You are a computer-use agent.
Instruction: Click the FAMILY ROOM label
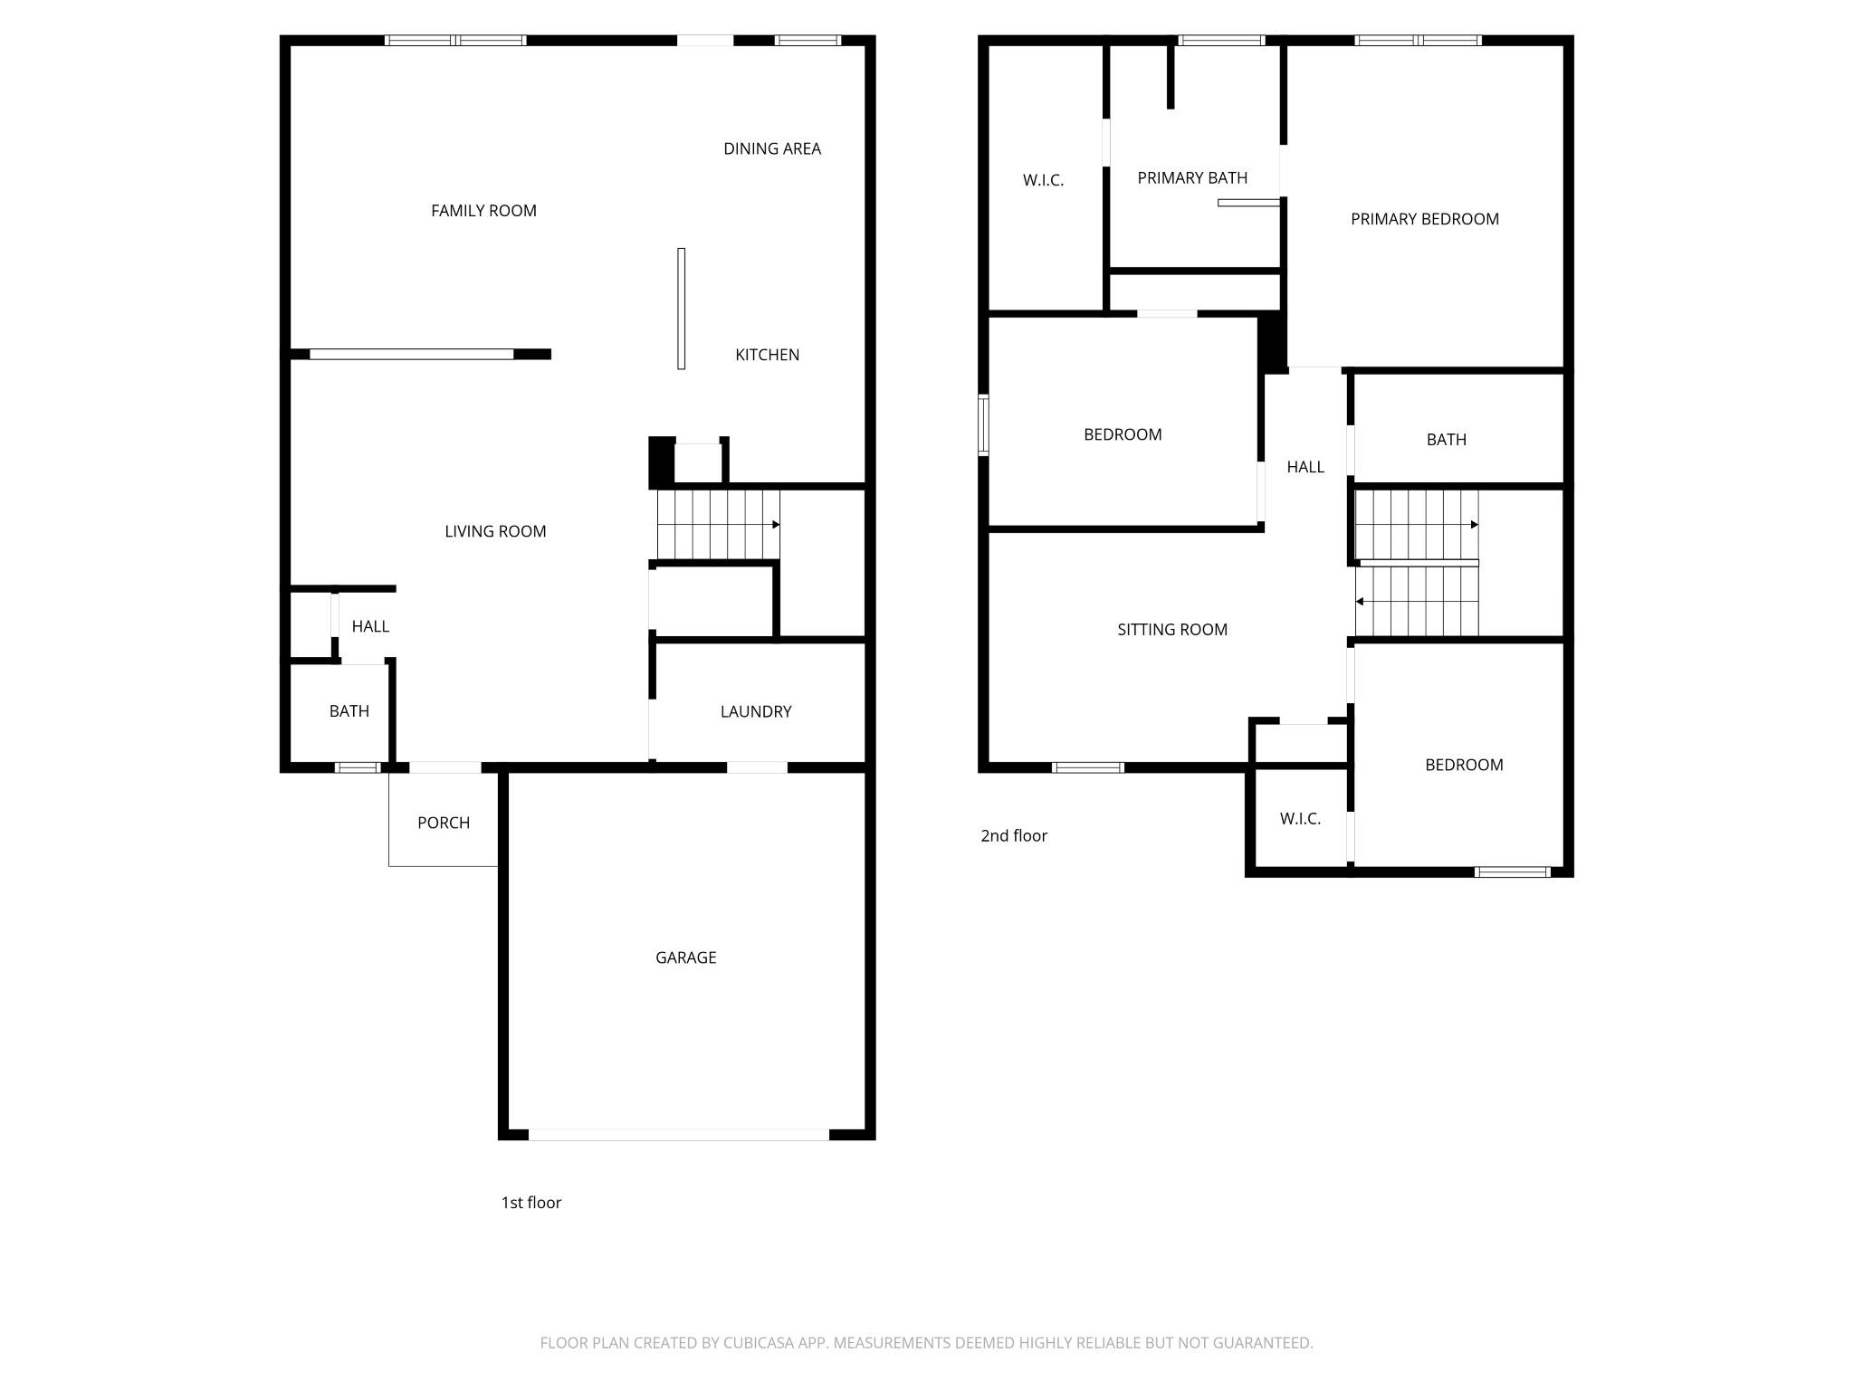(483, 211)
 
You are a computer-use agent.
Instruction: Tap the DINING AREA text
(771, 148)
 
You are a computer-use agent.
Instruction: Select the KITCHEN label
(767, 355)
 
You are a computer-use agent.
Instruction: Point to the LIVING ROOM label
(495, 531)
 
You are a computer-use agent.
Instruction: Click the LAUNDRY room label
(756, 711)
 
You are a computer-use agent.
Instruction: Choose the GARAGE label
(685, 957)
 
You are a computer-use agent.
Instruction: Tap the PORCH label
(444, 823)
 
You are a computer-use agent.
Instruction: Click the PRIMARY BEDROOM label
(1424, 219)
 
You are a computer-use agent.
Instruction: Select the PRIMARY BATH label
(1192, 178)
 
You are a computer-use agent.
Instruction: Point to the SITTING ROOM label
(1172, 630)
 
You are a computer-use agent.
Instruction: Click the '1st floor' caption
(531, 1203)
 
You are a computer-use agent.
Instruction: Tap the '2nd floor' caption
(1014, 836)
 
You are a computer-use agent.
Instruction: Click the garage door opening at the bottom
(679, 1134)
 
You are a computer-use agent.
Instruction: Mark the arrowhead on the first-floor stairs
(776, 525)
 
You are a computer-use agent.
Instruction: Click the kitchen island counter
(682, 308)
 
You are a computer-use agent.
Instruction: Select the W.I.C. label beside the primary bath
(1043, 180)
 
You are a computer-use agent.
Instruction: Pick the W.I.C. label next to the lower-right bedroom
(1300, 819)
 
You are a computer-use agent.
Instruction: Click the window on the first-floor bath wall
(358, 767)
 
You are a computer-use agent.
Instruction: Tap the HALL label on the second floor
(1305, 467)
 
